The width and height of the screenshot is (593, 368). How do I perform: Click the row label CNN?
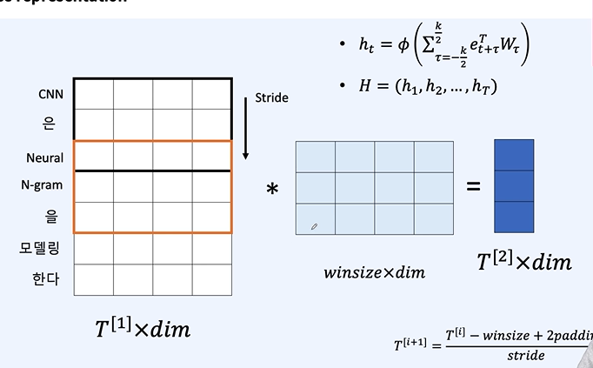click(x=51, y=93)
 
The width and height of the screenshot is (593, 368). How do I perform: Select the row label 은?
click(x=49, y=124)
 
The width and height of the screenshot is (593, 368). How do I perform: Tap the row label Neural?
click(x=44, y=157)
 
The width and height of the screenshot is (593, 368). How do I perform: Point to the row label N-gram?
click(x=43, y=184)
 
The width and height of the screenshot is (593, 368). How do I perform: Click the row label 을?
click(x=50, y=215)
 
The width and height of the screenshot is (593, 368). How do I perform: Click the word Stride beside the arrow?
click(x=270, y=98)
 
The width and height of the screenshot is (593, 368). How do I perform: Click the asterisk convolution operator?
click(x=272, y=189)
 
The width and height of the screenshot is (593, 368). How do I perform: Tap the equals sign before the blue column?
click(x=473, y=185)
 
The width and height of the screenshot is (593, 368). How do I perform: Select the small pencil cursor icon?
click(x=314, y=226)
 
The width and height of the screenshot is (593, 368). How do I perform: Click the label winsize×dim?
click(x=374, y=272)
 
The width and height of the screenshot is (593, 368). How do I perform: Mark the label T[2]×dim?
click(x=525, y=261)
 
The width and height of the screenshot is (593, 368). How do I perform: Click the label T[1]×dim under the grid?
click(x=143, y=328)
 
